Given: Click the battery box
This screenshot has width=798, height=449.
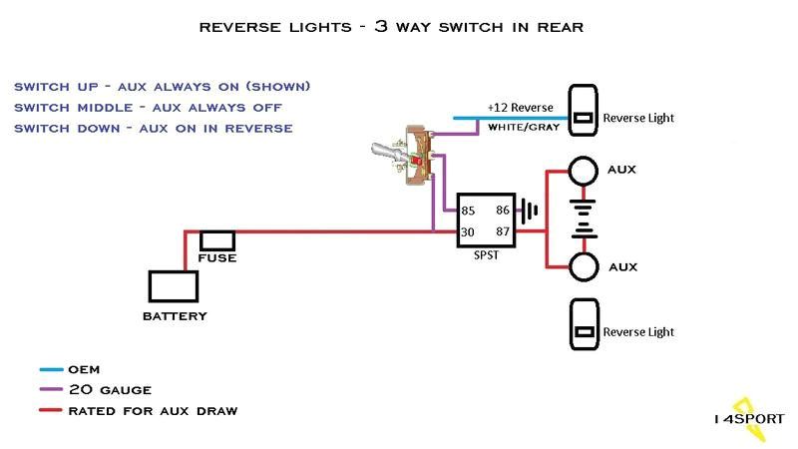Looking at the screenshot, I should pyautogui.click(x=174, y=286).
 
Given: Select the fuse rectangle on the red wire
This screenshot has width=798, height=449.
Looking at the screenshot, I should pyautogui.click(x=217, y=240).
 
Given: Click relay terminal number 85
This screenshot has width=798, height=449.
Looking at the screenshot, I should pyautogui.click(x=468, y=211).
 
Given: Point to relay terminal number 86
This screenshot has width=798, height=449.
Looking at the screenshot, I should pyautogui.click(x=503, y=211).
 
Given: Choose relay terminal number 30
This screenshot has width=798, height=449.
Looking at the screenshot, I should pyautogui.click(x=468, y=231).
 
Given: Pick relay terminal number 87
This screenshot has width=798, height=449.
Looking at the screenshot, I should pyautogui.click(x=503, y=231).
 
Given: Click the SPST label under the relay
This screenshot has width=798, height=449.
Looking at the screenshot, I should pyautogui.click(x=486, y=255).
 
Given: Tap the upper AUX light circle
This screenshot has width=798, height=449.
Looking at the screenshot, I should pyautogui.click(x=584, y=170).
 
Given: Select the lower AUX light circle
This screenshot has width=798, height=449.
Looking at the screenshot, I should pyautogui.click(x=584, y=267).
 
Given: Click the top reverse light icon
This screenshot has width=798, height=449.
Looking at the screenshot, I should pyautogui.click(x=583, y=117).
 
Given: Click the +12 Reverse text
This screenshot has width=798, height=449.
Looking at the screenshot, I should pyautogui.click(x=520, y=107).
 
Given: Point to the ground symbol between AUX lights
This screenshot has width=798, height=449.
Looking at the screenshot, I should pyautogui.click(x=584, y=219).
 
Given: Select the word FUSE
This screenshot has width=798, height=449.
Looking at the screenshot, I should pyautogui.click(x=216, y=258).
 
